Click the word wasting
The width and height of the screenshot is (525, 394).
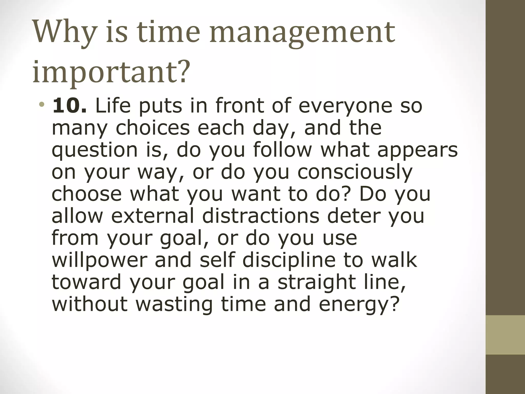pos(174,304)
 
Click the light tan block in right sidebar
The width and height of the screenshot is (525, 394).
pos(505,335)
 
